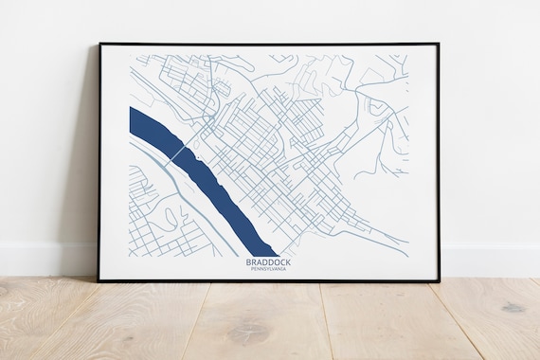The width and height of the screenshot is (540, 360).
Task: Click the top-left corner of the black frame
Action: [x=98, y=44]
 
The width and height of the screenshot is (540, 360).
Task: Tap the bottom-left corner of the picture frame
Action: [x=98, y=280]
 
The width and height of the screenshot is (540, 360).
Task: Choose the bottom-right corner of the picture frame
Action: [x=439, y=280]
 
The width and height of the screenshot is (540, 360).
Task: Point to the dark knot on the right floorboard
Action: [x=513, y=308]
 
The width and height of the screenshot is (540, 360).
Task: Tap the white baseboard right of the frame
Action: [x=488, y=259]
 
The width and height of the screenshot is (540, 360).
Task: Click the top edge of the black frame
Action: [x=268, y=44]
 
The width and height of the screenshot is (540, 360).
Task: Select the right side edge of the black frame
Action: [x=439, y=161]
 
